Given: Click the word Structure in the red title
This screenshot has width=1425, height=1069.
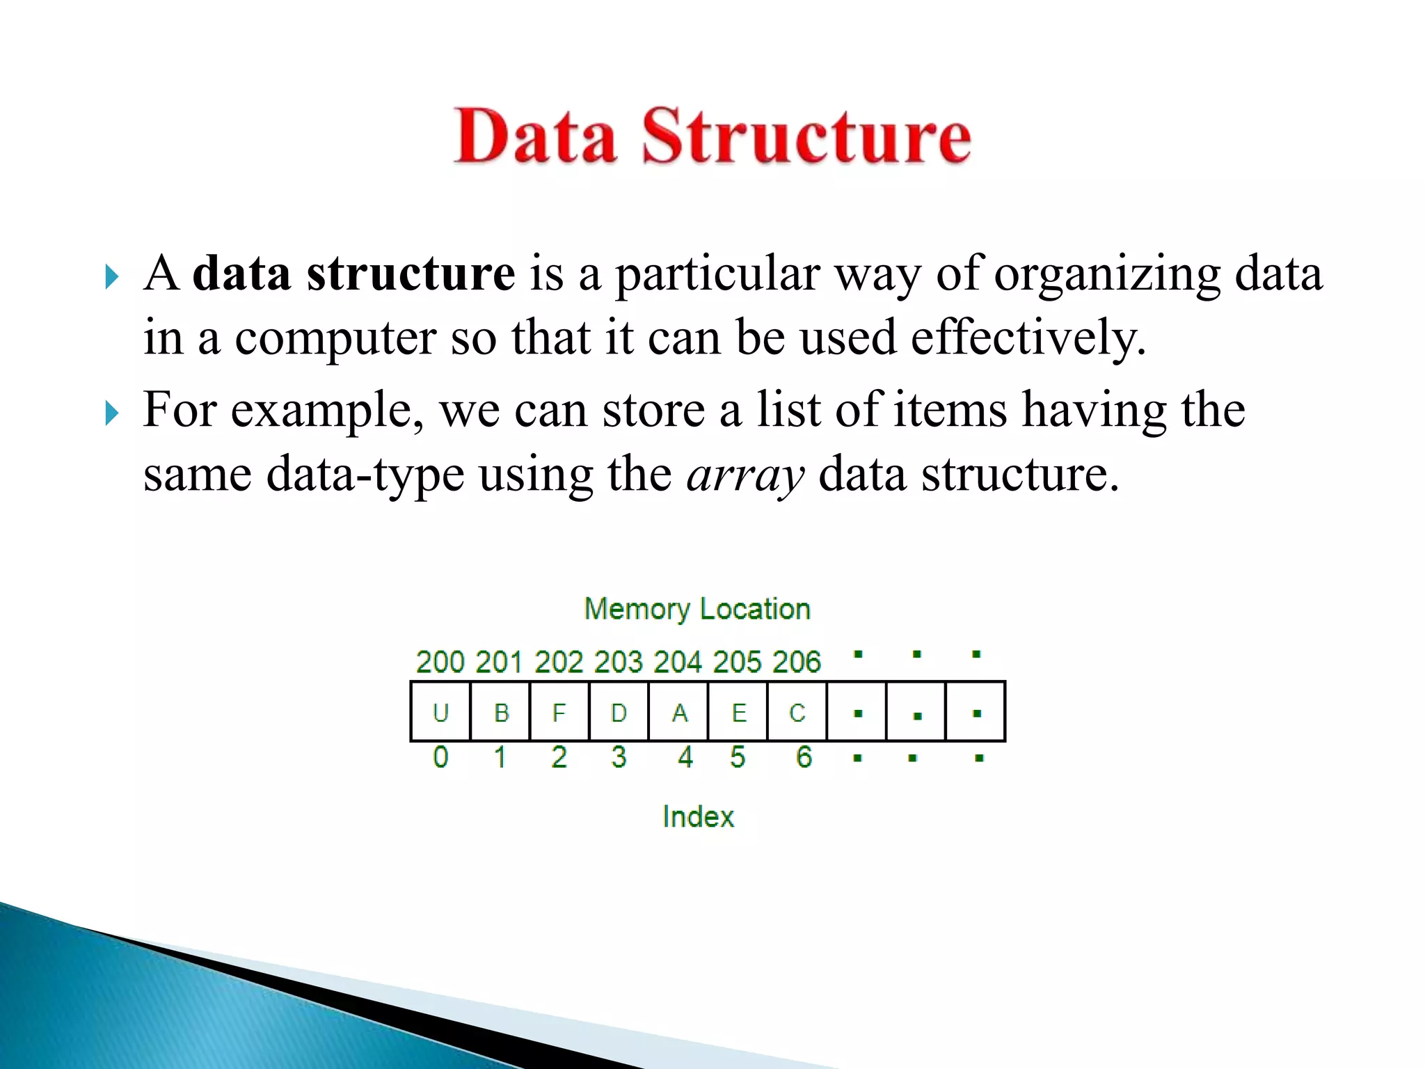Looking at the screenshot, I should coord(806,136).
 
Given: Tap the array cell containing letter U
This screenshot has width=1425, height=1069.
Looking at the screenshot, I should coord(440,712).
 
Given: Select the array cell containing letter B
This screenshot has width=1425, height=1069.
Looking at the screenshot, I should coord(500,712).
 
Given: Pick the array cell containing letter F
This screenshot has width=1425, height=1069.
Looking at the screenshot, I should coord(559,712).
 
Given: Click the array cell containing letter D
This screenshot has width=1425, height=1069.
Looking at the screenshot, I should coord(619,712).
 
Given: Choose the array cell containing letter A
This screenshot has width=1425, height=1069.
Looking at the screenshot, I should coord(678,712).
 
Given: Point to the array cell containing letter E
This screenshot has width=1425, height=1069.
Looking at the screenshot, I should coord(738,712).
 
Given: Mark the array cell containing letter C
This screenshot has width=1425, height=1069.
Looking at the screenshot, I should coord(797,712).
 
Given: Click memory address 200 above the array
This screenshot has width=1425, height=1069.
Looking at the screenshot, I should coord(440,662).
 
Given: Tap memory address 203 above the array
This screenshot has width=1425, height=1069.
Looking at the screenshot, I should coord(618,662).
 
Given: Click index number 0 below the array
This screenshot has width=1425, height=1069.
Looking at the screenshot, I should coord(440,757).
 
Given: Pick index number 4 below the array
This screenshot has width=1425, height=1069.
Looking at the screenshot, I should coord(685,757).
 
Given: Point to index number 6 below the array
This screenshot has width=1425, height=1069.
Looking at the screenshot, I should coord(804,757).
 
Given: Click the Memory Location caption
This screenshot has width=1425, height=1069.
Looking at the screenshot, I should coord(697,609).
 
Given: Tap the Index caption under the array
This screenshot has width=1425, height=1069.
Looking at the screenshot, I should coord(698,816).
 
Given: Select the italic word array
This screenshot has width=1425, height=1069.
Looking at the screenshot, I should coord(745,475).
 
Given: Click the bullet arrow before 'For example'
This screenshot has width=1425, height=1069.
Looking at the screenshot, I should coord(111,413).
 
